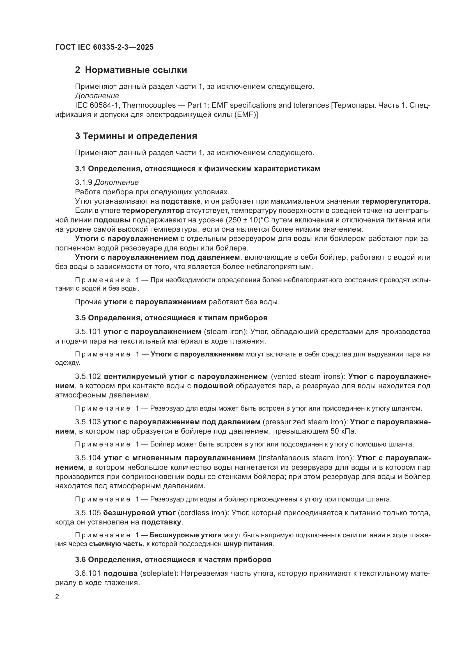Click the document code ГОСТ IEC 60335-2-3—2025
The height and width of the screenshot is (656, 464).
pos(104,47)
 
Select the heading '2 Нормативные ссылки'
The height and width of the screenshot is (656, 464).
pos(131,70)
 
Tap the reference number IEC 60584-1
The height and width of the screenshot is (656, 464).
pos(95,105)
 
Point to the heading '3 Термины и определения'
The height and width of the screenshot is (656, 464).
pos(136,136)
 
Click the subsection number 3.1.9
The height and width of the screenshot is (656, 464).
pos(83,182)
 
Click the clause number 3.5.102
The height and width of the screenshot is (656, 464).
pos(88,377)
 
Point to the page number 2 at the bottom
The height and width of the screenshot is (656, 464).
pos(57,597)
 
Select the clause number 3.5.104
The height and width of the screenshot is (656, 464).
pos(88,458)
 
